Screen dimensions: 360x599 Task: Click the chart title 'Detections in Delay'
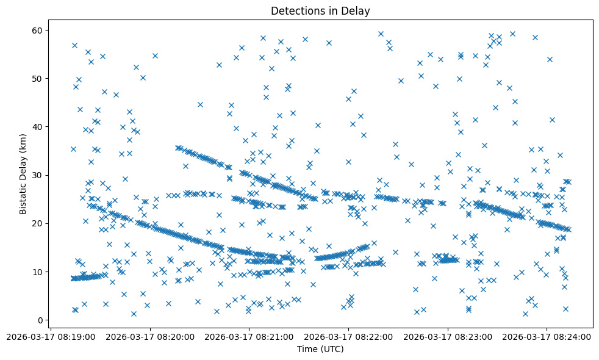click(320, 11)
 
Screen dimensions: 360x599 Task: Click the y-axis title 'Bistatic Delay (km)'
click(23, 175)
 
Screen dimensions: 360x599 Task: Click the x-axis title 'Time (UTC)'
click(320, 349)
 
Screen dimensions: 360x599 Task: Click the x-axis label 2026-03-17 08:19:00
click(51, 336)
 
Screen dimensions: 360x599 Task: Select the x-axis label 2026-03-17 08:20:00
click(150, 336)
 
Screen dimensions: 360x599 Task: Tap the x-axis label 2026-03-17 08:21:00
click(249, 336)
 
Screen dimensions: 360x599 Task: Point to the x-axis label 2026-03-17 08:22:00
click(349, 336)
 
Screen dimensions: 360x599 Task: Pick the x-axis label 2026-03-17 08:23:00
click(448, 336)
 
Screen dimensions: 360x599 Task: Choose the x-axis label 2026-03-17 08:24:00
click(547, 336)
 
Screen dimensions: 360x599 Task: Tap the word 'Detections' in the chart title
click(296, 11)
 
